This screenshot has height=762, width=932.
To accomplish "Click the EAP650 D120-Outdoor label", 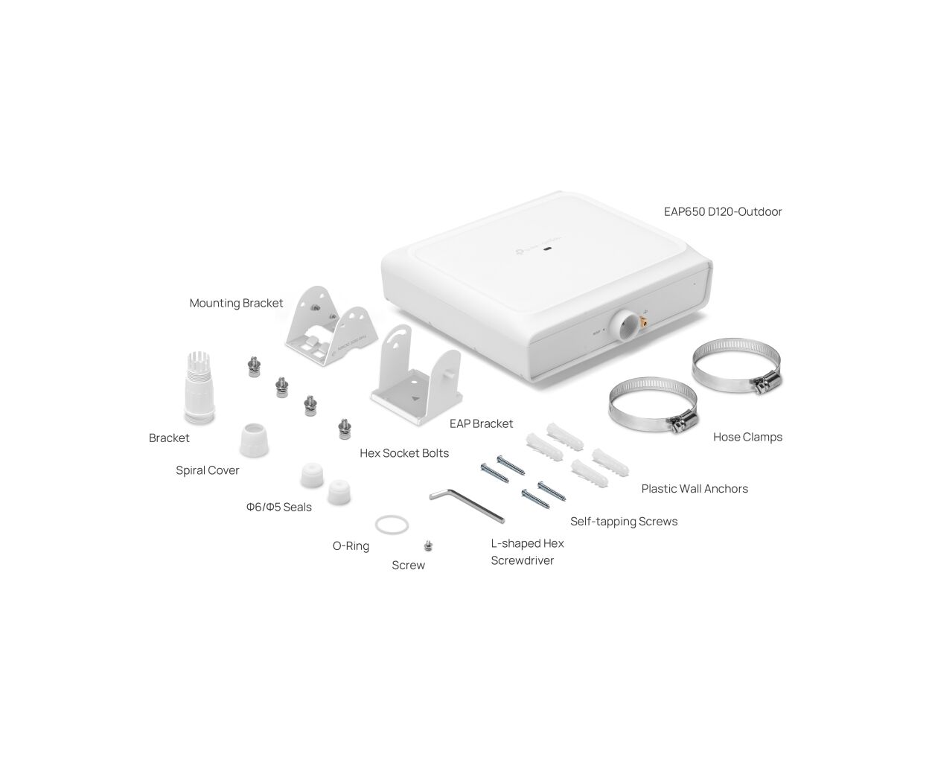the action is tap(723, 212).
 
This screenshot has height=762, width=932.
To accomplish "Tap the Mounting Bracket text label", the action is tap(236, 304).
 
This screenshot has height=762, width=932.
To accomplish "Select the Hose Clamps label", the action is tap(747, 438).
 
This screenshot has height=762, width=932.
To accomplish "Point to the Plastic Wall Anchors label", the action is tap(695, 489).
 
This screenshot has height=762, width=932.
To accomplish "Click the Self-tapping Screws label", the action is tap(624, 522).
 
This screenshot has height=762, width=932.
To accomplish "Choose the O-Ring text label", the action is tap(351, 546).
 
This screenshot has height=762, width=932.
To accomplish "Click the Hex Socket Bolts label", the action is tap(404, 452).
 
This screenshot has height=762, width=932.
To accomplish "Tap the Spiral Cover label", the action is tap(207, 470).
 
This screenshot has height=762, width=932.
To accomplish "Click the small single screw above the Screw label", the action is tap(428, 546).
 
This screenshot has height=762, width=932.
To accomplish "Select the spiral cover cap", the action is tap(254, 440).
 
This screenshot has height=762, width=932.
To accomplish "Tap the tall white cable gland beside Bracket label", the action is tap(200, 388).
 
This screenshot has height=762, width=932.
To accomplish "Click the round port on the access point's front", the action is tap(623, 324).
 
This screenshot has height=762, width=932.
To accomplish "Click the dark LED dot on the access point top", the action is tap(549, 249).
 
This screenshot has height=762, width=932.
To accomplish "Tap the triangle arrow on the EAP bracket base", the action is tap(415, 398).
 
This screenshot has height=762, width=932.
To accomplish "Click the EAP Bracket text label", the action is tap(481, 423).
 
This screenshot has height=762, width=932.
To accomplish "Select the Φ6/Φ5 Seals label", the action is tap(278, 507).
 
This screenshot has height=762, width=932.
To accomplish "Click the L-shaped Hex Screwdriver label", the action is tap(527, 551).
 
